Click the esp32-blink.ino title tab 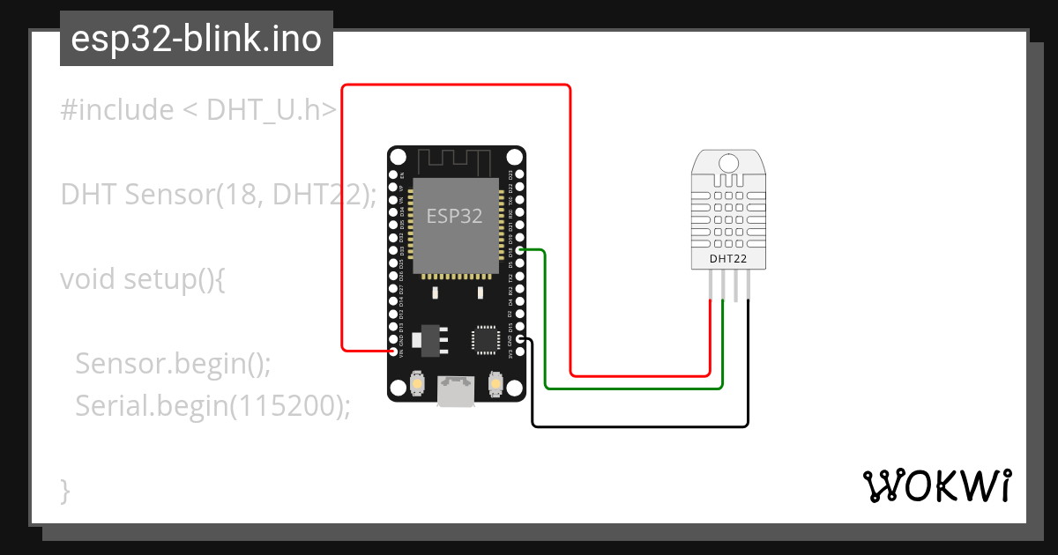tap(196, 39)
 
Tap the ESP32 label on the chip tap(455, 216)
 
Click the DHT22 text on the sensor tap(728, 258)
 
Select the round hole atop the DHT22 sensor tap(728, 163)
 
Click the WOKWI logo tap(936, 485)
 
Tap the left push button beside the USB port tap(418, 385)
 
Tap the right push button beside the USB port tap(495, 385)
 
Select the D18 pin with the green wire tap(520, 251)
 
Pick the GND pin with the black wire tap(520, 339)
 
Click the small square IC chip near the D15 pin tap(486, 339)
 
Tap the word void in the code tap(88, 279)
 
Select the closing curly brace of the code tap(65, 489)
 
